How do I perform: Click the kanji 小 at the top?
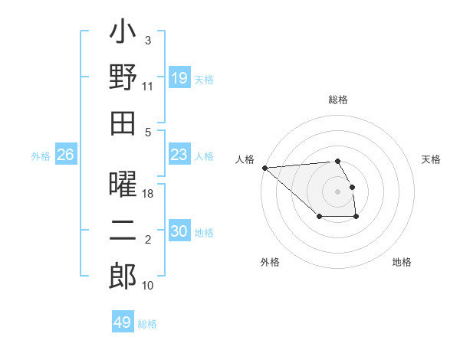point(123,34)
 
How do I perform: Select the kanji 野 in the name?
point(123,77)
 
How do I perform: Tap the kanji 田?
point(123,123)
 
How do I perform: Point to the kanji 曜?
point(123,185)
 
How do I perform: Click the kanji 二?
point(123,231)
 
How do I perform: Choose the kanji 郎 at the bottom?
point(123,276)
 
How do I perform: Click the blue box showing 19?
point(179,78)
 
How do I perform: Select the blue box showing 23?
point(179,155)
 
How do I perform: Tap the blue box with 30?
point(179,231)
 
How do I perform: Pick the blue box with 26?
point(65,155)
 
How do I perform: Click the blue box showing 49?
point(122,322)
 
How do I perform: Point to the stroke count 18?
point(148,194)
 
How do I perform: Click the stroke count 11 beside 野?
point(148,86)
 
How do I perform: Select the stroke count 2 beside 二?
point(148,240)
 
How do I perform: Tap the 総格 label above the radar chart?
point(338,100)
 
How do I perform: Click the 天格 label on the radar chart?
point(432,159)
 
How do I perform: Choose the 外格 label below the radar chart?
point(270,262)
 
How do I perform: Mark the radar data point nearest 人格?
point(264,167)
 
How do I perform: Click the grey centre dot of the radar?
point(338,191)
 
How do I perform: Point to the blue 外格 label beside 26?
point(41,155)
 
